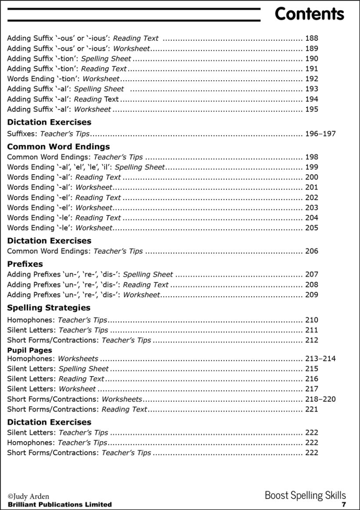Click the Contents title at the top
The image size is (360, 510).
coord(309,14)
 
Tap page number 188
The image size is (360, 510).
coord(311,39)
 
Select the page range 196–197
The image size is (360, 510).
coord(320,134)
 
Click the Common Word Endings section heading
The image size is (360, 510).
coord(58,147)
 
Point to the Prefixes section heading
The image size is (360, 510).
coord(25,264)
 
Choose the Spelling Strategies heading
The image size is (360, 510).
coord(49,308)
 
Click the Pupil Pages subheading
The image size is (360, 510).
coord(29,350)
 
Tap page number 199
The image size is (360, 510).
coord(311,167)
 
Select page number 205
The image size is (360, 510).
coord(311,228)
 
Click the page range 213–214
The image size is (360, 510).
coord(320,359)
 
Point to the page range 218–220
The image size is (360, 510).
coord(320,399)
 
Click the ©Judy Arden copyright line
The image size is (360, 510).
coord(29,497)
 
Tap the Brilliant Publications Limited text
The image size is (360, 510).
coord(59,505)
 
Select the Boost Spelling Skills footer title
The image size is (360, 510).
coord(305,496)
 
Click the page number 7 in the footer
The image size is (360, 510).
coord(344,505)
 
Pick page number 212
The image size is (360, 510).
coord(311,340)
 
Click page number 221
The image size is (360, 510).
coord(311,409)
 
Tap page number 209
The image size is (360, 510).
coord(311,295)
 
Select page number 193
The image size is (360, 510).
coord(311,89)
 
